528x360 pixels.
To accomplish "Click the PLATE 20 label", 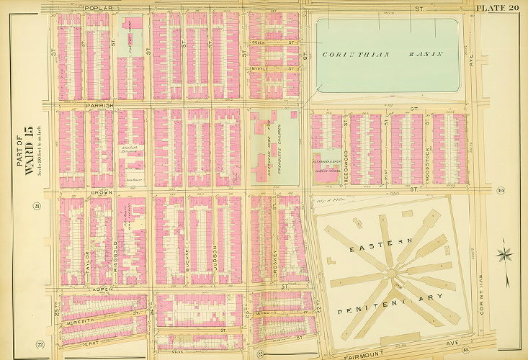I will pos(496,7).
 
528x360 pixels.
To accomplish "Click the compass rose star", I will pos(505,254).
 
